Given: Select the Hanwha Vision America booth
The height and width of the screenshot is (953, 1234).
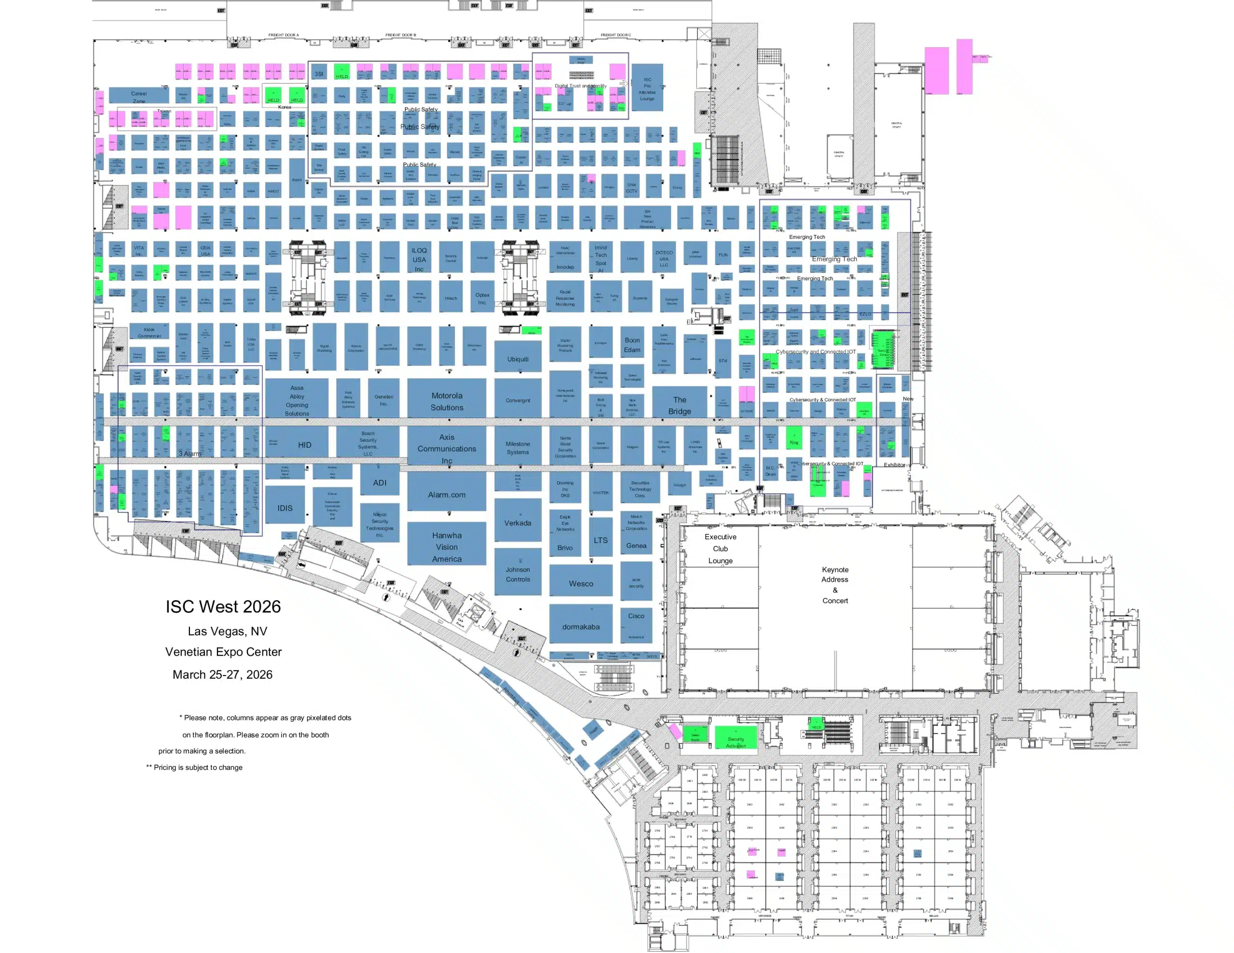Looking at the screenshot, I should coord(446,546).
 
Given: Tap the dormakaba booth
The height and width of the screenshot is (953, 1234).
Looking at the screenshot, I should coord(581,626).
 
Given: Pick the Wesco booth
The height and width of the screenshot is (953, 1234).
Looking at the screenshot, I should coord(581,583).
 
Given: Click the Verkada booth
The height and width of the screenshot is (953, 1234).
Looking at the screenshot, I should coord(518,523).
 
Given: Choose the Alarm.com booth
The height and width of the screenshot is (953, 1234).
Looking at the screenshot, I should coord(446,494).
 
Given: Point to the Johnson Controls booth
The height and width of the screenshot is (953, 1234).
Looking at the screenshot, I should coord(518,574).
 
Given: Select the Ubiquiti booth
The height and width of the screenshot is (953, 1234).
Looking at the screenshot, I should coord(518,359).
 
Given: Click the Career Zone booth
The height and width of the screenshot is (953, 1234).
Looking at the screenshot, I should coord(138,96).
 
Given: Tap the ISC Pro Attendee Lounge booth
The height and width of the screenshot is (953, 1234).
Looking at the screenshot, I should coord(647,89).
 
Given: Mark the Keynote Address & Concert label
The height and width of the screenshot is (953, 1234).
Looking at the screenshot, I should coord(834,585).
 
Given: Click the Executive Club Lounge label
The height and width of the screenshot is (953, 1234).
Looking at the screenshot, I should coord(720,548).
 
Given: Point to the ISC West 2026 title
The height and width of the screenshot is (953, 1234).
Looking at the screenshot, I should coord(223,606).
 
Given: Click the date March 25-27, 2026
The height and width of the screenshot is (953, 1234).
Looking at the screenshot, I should coord(223,674).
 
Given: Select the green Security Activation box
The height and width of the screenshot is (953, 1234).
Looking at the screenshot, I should coord(736,738).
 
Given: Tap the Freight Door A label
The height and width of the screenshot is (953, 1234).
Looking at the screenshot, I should coord(283,35).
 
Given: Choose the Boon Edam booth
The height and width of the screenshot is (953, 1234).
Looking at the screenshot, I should coord(631,344).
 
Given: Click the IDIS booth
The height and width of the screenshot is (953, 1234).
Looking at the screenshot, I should coord(285,508).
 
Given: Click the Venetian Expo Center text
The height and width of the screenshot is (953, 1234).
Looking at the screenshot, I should coord(223,651).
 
